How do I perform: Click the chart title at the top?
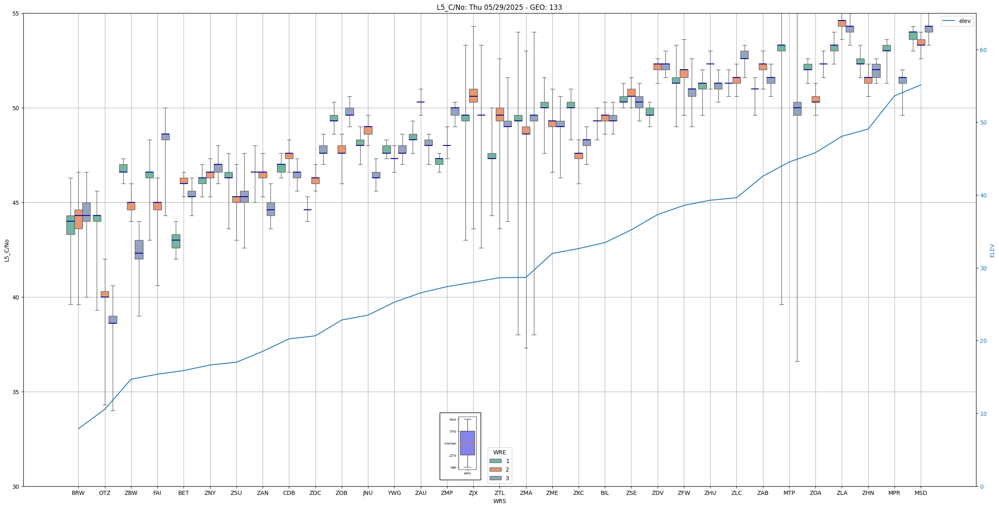pyautogui.click(x=499, y=7)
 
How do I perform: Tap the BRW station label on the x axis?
pyautogui.click(x=78, y=493)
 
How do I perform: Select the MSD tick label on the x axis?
pyautogui.click(x=920, y=493)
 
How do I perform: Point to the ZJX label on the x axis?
pyautogui.click(x=473, y=493)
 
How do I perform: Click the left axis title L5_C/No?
pyautogui.click(x=7, y=251)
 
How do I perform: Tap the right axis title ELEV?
pyautogui.click(x=992, y=251)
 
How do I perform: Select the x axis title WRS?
pyautogui.click(x=499, y=501)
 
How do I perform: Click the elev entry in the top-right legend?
pyautogui.click(x=965, y=21)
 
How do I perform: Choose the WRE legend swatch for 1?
pyautogui.click(x=495, y=461)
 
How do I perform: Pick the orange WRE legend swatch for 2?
pyautogui.click(x=495, y=469)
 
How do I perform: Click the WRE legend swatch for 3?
pyautogui.click(x=495, y=478)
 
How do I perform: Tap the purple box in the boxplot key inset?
pyautogui.click(x=467, y=443)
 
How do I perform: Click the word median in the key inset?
pyautogui.click(x=450, y=443)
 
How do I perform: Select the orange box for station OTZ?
pyautogui.click(x=105, y=294)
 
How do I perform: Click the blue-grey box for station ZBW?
pyautogui.click(x=139, y=249)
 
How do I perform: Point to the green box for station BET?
pyautogui.click(x=176, y=241)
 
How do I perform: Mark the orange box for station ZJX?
pyautogui.click(x=473, y=95)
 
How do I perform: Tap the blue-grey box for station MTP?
pyautogui.click(x=797, y=109)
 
